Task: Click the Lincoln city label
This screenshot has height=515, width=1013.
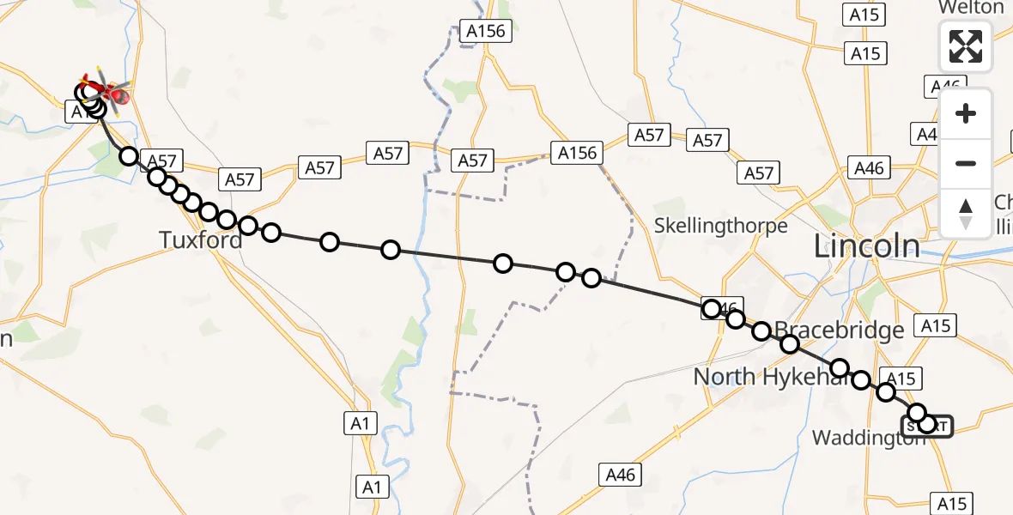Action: [x=866, y=247]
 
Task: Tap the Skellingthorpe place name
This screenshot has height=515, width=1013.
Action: [x=720, y=226]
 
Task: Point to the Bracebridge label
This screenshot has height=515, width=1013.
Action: [x=827, y=330]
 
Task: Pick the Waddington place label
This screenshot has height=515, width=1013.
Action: [x=867, y=438]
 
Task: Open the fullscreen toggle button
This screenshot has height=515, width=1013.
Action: [x=966, y=46]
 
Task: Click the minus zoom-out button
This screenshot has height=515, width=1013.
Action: [x=966, y=163]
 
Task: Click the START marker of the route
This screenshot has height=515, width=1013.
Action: [x=927, y=425]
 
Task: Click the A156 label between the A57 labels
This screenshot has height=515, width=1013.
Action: [x=577, y=153]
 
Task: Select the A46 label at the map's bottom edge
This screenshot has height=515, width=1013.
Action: [x=620, y=474]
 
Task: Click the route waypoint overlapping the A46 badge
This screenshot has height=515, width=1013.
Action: [x=712, y=309]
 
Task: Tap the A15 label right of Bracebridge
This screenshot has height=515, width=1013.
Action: [x=934, y=325]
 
